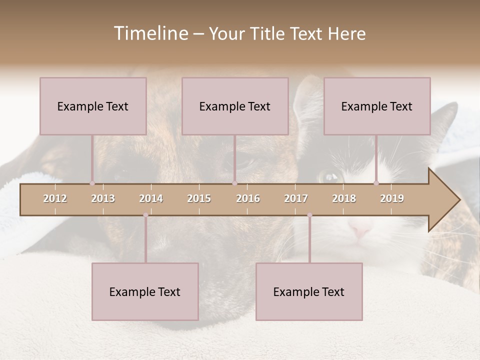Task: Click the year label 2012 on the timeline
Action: coord(55,198)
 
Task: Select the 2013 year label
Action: coord(103,198)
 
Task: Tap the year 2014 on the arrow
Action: coord(151,198)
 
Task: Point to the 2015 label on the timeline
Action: coord(199,198)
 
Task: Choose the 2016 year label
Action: coord(248,198)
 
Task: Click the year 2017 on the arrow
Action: coord(296,198)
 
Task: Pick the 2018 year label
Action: coord(344,198)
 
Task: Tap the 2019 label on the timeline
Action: coord(392,198)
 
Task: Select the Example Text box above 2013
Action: coord(93,106)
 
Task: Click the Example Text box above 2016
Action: coord(235,106)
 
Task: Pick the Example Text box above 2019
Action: coord(377,106)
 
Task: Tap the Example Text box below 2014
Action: coord(145,291)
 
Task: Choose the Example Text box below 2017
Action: coord(309,291)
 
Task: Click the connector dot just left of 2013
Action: coord(92,183)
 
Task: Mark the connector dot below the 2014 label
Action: coord(145,215)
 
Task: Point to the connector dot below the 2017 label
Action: coord(309,215)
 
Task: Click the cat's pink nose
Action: coord(361,231)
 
